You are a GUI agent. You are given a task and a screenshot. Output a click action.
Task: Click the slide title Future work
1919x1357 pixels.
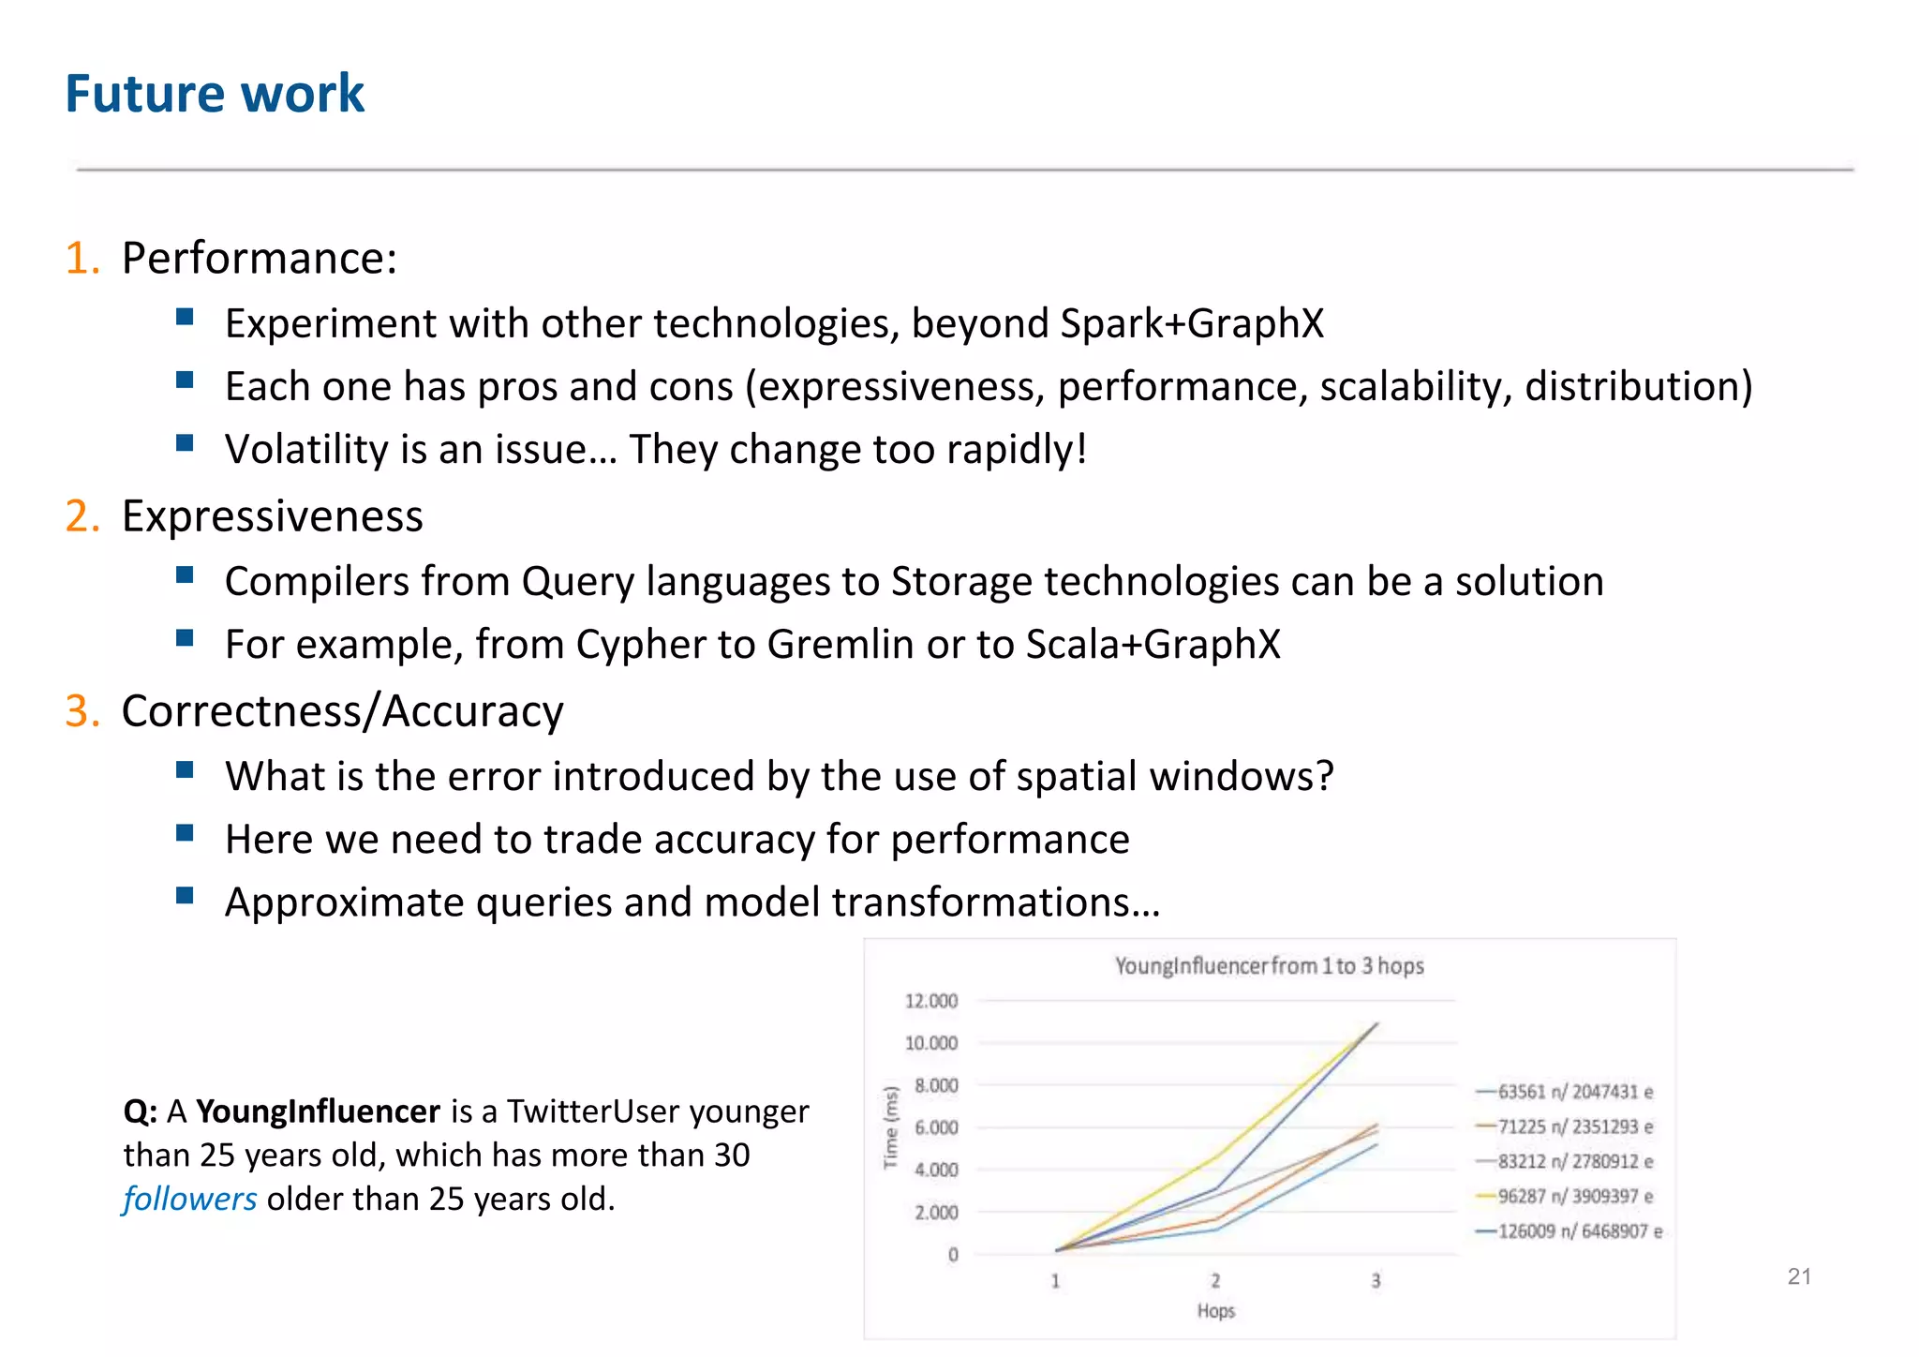(x=215, y=94)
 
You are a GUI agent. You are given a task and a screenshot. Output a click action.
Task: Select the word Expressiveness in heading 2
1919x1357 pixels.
(x=272, y=516)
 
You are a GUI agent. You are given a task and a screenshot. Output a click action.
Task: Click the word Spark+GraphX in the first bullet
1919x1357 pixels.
(x=1192, y=324)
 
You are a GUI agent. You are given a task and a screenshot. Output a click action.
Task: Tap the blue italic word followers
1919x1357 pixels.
(x=189, y=1200)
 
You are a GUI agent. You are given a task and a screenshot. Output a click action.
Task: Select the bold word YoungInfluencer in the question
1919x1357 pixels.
(x=318, y=1111)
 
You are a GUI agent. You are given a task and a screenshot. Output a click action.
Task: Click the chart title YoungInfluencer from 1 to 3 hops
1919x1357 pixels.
(x=1269, y=966)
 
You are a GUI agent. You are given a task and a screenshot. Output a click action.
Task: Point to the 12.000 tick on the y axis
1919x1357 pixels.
(x=930, y=1001)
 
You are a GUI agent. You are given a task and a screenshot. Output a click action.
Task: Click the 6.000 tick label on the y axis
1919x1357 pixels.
(x=935, y=1127)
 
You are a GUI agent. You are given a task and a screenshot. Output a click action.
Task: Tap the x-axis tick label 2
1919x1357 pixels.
(x=1215, y=1281)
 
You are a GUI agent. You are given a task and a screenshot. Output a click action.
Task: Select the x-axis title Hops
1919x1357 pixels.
(x=1215, y=1311)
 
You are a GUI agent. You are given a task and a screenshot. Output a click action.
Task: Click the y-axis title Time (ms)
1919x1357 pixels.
(x=891, y=1127)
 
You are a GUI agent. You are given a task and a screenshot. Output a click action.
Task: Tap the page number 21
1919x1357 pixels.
(x=1799, y=1276)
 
